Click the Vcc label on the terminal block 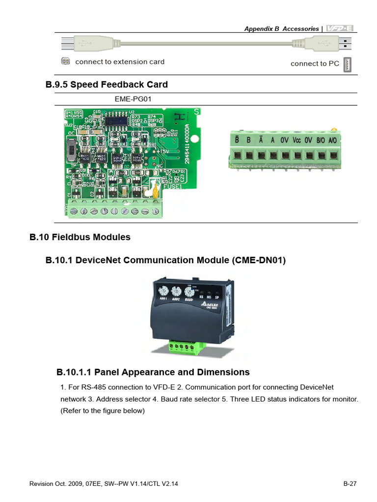click(x=296, y=140)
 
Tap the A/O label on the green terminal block click(x=333, y=140)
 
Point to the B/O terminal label click(x=321, y=140)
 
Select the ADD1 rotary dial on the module click(x=162, y=291)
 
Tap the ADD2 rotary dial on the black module click(x=175, y=291)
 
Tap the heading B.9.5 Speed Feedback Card click(x=107, y=84)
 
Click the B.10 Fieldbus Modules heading click(x=80, y=237)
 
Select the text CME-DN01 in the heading click(x=258, y=260)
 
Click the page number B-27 click(x=350, y=484)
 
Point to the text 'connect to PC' click(x=315, y=64)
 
